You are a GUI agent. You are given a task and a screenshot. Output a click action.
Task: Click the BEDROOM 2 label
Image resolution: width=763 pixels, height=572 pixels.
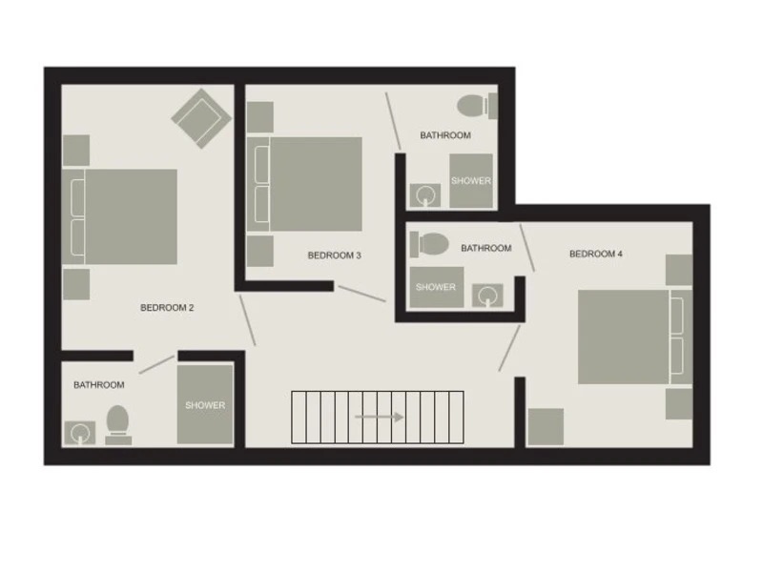(167, 307)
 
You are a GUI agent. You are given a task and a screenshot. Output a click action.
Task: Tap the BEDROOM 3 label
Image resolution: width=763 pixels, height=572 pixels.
(335, 255)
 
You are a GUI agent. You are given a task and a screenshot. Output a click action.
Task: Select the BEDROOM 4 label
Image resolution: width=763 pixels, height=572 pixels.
(595, 254)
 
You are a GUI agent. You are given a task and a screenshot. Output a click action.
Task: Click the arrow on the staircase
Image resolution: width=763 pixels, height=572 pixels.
(379, 417)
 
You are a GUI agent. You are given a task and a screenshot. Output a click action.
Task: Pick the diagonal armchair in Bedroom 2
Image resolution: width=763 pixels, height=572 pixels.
(201, 118)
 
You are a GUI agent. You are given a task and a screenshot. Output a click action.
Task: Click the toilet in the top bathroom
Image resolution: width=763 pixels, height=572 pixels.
(478, 106)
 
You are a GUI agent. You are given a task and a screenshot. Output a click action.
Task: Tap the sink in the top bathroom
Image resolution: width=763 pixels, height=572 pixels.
(425, 195)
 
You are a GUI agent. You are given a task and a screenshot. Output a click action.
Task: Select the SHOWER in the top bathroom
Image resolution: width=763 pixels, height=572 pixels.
(471, 181)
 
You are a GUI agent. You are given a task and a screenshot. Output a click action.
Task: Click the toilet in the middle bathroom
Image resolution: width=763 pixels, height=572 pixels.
(429, 244)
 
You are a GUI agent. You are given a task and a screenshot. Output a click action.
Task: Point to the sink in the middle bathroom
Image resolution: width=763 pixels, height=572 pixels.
(487, 296)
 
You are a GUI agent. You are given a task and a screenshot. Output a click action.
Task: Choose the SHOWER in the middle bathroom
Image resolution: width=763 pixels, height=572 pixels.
(437, 287)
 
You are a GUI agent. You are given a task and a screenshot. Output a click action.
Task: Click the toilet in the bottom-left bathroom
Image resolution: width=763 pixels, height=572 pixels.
(118, 425)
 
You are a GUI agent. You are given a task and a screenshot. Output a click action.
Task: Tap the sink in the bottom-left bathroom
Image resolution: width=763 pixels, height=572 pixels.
(80, 433)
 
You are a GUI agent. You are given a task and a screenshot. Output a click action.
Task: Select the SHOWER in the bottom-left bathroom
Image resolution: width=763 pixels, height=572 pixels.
(205, 404)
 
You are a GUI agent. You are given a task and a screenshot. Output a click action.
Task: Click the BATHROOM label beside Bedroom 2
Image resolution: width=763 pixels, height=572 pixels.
(99, 385)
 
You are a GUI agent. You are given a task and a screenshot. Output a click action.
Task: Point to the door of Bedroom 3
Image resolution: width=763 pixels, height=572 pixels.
(362, 294)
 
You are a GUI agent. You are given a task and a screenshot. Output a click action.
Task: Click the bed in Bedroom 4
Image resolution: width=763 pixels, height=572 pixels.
(635, 337)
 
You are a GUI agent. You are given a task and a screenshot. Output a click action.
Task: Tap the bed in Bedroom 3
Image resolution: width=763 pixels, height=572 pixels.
(304, 184)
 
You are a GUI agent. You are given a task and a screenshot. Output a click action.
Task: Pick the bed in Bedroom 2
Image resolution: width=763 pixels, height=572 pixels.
(120, 216)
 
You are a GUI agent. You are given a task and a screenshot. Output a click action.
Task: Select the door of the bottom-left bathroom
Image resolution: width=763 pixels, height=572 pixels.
(156, 364)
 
